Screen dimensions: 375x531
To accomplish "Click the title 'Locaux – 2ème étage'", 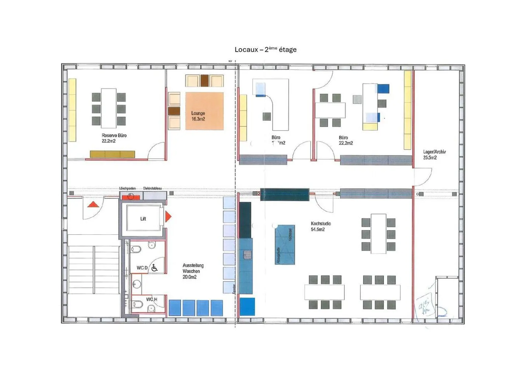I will click(x=265, y=49).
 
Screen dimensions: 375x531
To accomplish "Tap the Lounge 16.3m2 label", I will click(x=198, y=116).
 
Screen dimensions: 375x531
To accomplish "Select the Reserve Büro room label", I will click(x=114, y=138).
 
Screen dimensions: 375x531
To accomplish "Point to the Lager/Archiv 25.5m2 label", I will click(x=434, y=154).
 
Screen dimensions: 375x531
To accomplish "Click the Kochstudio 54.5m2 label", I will click(x=320, y=226).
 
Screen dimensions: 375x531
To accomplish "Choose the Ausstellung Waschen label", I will click(x=193, y=271).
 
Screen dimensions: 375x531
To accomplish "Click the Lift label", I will click(x=143, y=219).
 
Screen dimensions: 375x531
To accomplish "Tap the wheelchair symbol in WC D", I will click(x=155, y=268).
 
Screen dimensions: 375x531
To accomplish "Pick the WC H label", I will click(x=151, y=299).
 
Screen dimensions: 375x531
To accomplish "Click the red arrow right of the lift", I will click(x=168, y=216).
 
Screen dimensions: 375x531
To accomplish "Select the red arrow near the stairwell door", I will click(x=93, y=204).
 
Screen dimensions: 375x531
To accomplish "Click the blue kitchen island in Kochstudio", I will click(x=285, y=245).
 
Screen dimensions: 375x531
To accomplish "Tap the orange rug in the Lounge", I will click(x=204, y=111).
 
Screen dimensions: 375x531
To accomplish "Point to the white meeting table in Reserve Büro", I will click(x=109, y=108).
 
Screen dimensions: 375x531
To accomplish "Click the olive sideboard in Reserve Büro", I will click(x=112, y=154).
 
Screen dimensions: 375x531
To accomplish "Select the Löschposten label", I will click(x=127, y=188).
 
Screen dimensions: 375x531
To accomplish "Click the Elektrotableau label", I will click(x=152, y=188).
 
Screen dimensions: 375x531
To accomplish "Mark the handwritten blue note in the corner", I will click(x=426, y=306).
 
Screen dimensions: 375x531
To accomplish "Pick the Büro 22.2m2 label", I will click(x=346, y=140).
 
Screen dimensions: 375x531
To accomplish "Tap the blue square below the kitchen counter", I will click(x=247, y=307).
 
